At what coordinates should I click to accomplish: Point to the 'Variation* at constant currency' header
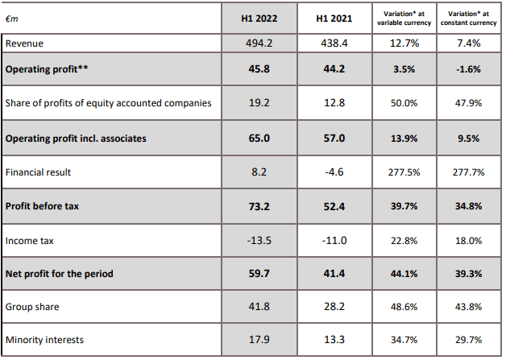[x=469, y=18]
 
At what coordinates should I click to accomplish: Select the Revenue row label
[x=25, y=43]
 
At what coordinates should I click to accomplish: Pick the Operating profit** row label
[x=46, y=70]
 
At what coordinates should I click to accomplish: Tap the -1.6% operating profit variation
[x=469, y=70]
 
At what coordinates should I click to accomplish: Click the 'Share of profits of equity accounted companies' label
[x=109, y=103]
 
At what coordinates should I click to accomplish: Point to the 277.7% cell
[x=469, y=172]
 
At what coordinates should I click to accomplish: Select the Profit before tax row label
[x=44, y=206]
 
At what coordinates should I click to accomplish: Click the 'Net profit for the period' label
[x=60, y=274]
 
